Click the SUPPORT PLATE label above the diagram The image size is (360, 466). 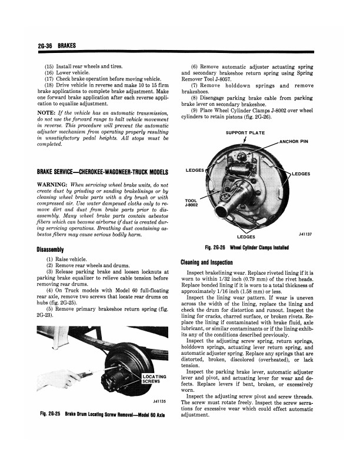pyautogui.click(x=244, y=132)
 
